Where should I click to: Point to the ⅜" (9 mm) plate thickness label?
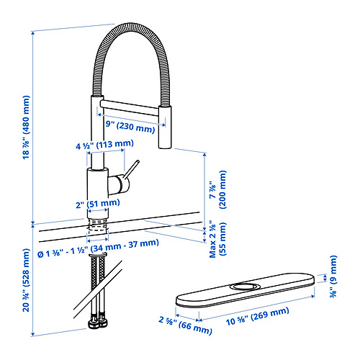point(332,273)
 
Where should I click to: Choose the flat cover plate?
point(245,294)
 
